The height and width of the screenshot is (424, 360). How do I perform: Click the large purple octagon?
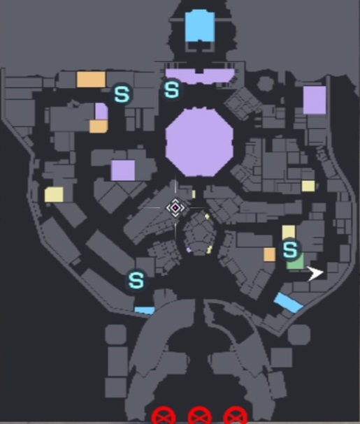(199, 142)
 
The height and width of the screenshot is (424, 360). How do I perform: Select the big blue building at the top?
(200, 26)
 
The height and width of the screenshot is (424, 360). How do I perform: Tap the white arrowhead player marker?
(315, 273)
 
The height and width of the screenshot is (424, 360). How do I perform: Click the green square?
(295, 261)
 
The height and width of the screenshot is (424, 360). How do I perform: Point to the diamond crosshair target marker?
(175, 207)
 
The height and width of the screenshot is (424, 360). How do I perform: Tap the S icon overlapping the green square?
(290, 249)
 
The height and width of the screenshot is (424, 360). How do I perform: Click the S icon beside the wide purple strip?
(172, 89)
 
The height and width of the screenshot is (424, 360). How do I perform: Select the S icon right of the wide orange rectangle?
(122, 94)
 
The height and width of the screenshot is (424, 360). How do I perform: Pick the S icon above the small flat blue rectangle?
(136, 280)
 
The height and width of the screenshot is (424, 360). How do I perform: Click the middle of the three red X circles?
(199, 416)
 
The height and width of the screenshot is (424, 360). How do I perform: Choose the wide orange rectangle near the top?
(91, 79)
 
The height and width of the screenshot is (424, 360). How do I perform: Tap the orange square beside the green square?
(270, 255)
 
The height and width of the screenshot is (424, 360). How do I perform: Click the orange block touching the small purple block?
(99, 126)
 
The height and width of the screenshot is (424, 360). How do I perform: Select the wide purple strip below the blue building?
(200, 76)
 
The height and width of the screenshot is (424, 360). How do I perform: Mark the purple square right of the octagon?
(315, 100)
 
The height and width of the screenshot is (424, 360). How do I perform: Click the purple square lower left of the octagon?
(123, 170)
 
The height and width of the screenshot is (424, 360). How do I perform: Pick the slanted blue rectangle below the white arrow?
(288, 302)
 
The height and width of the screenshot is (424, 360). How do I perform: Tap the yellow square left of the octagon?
(54, 194)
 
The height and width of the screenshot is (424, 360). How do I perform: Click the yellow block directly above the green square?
(289, 233)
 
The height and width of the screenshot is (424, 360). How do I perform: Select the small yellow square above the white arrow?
(308, 186)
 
